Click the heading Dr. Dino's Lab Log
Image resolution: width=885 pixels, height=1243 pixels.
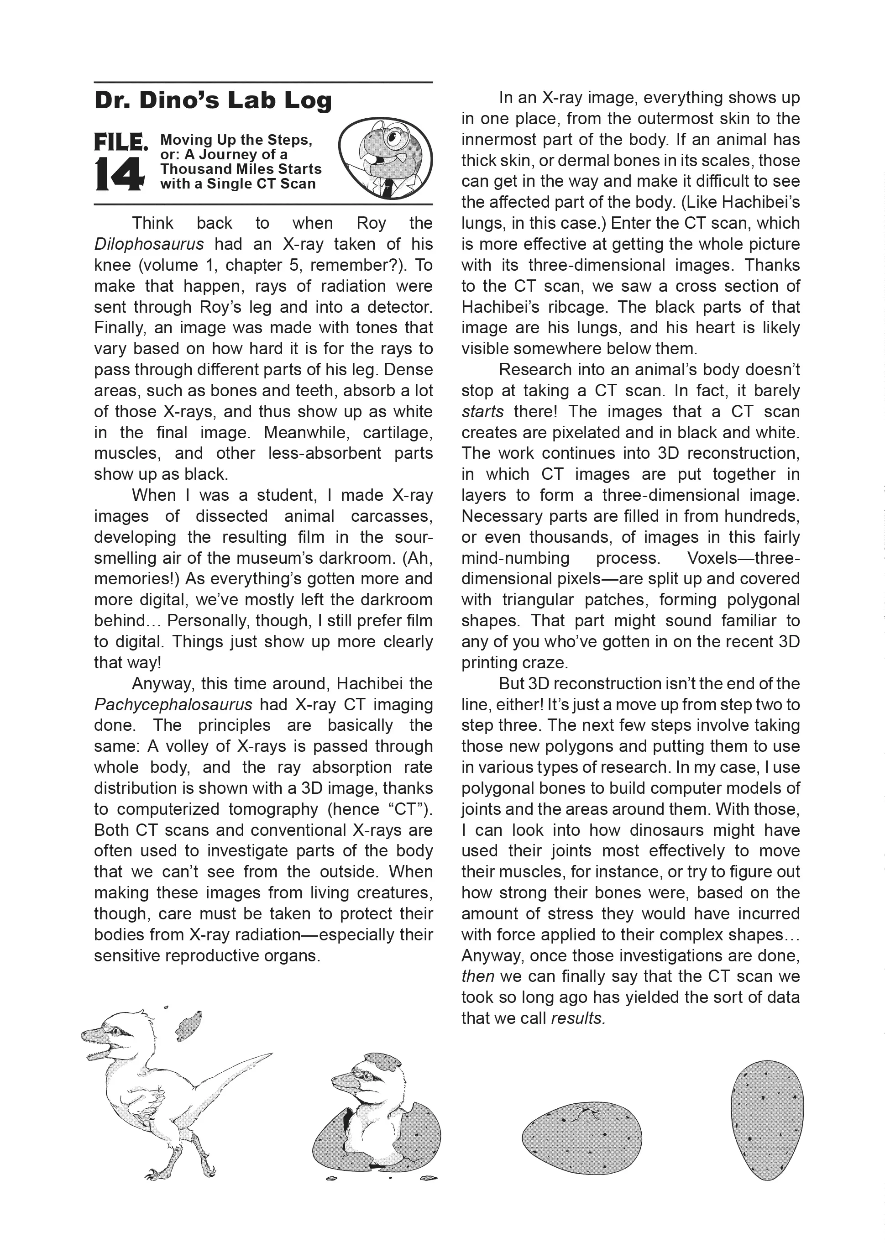click(213, 101)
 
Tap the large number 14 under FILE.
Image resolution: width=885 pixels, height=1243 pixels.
click(119, 174)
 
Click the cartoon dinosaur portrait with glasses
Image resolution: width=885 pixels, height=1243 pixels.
click(385, 157)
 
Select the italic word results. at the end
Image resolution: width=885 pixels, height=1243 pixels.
click(578, 1018)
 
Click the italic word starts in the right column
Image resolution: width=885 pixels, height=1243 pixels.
click(482, 411)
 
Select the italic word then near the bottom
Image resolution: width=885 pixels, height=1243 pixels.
click(477, 976)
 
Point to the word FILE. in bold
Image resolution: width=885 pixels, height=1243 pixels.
click(120, 143)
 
